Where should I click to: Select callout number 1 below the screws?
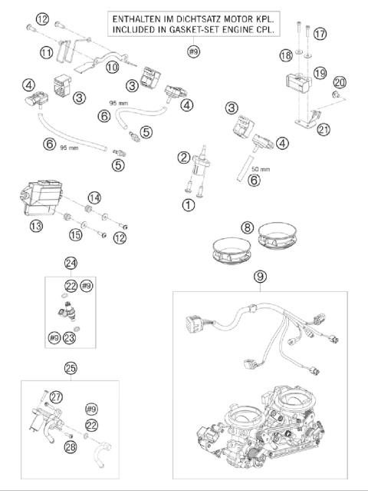189,205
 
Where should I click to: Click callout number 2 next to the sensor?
184,158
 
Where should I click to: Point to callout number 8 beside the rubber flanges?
247,227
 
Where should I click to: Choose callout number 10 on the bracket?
113,67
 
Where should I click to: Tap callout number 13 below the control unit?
36,225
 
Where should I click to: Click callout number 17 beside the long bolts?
320,34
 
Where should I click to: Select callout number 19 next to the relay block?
320,73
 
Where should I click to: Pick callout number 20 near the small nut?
340,82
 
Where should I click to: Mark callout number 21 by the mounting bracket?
324,129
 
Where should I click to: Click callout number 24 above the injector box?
71,263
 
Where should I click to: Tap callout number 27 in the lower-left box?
56,397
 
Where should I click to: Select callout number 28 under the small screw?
71,446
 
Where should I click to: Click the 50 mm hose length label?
261,169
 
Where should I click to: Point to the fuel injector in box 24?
67,311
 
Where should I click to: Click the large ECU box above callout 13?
41,197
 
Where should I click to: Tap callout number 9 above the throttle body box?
260,277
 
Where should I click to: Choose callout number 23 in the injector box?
69,337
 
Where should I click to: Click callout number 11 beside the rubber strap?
46,52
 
